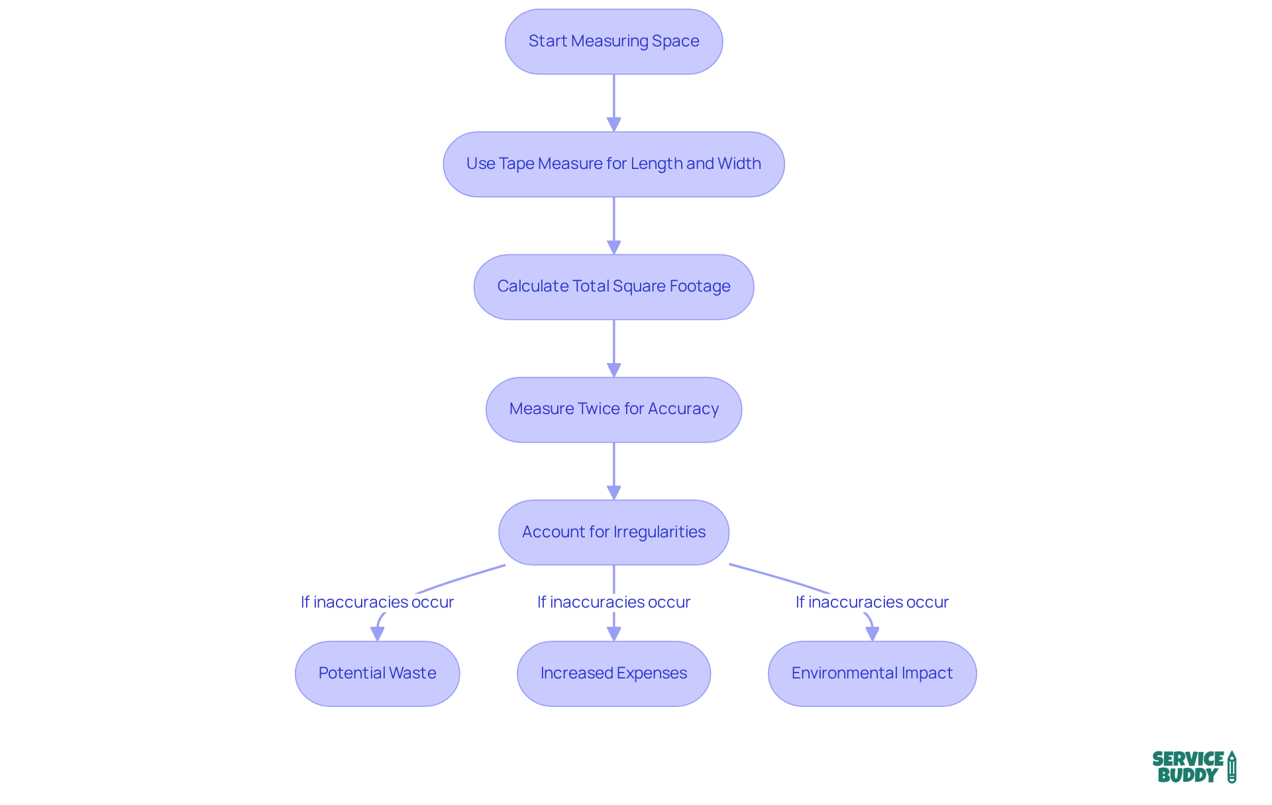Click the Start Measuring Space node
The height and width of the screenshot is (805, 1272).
coord(613,41)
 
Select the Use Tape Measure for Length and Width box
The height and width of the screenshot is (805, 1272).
coord(613,164)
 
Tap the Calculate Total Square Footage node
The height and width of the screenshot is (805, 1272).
coord(613,286)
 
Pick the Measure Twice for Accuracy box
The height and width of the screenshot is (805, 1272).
coord(613,409)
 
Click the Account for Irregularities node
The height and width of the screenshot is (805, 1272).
coord(613,532)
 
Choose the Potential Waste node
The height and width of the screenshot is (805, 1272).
coord(377,673)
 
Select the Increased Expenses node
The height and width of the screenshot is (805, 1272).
coord(613,673)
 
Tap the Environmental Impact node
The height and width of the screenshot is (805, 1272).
coord(872,673)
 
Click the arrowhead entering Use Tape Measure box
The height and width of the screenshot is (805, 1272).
coord(613,125)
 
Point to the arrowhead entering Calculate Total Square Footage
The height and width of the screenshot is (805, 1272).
coord(613,247)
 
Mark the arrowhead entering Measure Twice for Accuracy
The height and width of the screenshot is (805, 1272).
coord(613,370)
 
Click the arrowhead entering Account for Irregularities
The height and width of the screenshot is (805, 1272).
coord(613,492)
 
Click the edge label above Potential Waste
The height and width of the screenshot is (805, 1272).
coord(377,602)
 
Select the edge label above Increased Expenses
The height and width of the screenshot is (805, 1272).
coord(613,602)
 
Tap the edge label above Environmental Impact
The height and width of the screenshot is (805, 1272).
coord(872,602)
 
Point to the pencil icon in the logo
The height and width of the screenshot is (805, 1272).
coord(1232,767)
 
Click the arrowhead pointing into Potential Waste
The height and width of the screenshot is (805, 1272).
coord(377,634)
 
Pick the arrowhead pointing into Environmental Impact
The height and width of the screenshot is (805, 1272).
coord(872,634)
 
